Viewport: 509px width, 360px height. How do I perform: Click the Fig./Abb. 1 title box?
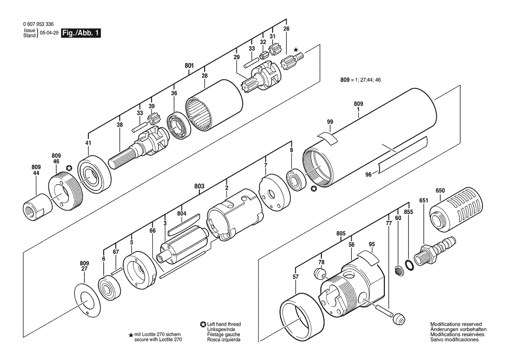point(81,33)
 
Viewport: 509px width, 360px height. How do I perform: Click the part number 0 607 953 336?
point(39,24)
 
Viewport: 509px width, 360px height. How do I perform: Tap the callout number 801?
point(189,66)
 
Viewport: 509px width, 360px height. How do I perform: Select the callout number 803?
point(199,186)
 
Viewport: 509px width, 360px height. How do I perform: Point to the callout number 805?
point(341,234)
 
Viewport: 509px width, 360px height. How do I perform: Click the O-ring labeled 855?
point(410,265)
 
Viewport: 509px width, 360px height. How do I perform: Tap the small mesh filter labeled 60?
point(399,271)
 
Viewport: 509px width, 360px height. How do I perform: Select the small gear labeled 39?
point(152,119)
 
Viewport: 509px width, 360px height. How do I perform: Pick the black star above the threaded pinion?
point(295,50)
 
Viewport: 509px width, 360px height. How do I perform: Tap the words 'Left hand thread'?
point(224,324)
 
